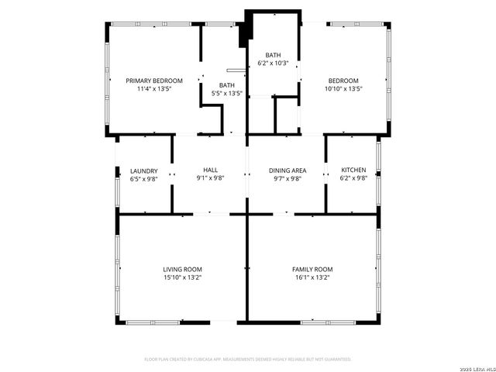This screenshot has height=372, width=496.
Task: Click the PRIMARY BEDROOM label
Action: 154,81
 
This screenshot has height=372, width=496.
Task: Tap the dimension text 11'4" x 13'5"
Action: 154,89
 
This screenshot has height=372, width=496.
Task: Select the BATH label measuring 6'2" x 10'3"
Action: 273,55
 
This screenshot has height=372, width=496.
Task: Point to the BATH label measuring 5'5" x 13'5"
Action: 227,85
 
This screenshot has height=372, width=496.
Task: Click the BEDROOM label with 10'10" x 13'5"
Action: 343,81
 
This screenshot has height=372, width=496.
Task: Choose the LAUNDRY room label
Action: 144,170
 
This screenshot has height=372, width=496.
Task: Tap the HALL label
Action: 210,170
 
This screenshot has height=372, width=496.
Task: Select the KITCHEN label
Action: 353,170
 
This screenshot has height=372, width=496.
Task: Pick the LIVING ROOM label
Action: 182,269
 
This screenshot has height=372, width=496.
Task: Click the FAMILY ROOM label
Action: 312,269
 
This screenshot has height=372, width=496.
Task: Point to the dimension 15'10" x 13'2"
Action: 182,277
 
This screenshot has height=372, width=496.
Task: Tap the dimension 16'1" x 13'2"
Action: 312,277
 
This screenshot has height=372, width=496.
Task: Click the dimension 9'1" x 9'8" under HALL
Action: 210,178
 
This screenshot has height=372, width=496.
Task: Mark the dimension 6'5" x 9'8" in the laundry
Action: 144,178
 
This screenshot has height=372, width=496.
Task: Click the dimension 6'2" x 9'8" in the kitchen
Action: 353,178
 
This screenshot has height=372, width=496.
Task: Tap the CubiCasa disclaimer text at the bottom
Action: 248,360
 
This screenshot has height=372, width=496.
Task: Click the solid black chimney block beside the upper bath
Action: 246,30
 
